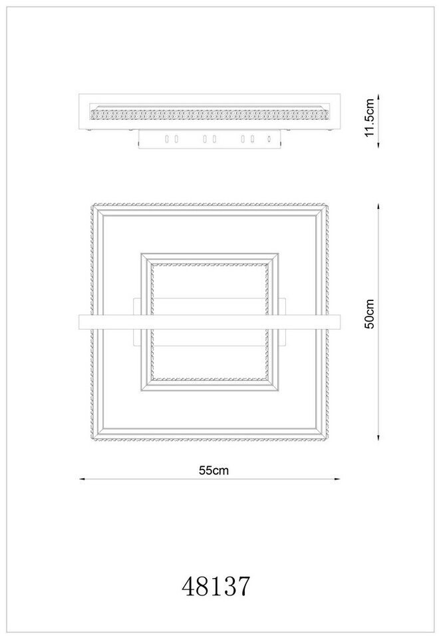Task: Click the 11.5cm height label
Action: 370,118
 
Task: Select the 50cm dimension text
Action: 370,314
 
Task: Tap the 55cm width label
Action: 214,470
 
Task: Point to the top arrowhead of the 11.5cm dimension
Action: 378,97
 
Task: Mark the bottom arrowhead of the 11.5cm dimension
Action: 378,145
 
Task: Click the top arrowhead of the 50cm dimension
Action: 378,206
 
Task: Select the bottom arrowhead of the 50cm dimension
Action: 378,438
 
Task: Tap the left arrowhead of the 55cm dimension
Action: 82,479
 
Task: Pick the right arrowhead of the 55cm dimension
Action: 337,479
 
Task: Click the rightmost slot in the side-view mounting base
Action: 268,139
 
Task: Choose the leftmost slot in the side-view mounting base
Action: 166,139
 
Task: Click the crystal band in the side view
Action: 210,114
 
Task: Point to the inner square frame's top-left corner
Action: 141,254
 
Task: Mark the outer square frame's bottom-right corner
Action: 328,440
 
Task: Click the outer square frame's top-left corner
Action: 92,204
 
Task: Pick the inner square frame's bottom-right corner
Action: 278,391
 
